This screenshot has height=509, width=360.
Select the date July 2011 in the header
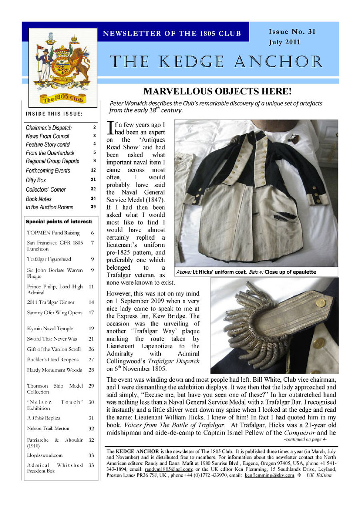[x=284, y=42]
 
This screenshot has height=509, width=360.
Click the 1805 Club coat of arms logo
[x=63, y=67]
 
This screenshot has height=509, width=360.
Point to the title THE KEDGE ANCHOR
[x=216, y=62]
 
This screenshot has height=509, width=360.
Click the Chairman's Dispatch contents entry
[x=49, y=128]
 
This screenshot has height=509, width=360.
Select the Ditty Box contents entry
[x=36, y=180]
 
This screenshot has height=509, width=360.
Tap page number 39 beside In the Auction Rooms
[x=93, y=207]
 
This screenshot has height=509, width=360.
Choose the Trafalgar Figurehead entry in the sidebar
[x=49, y=259]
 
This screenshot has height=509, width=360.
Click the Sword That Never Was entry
[x=52, y=339]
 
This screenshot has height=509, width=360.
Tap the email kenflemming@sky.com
[x=269, y=475]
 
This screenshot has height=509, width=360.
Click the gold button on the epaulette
[x=320, y=303]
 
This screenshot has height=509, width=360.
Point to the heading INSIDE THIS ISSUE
[x=54, y=114]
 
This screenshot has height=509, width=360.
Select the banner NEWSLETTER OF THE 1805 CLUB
[x=172, y=34]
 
